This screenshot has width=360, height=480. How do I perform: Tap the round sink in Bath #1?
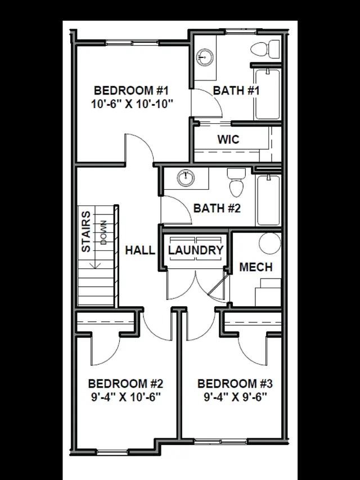tap(205, 57)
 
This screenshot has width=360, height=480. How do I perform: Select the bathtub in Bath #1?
tap(267, 94)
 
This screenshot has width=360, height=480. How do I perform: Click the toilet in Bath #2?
tap(236, 183)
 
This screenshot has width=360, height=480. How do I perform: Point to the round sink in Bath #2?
tap(186, 178)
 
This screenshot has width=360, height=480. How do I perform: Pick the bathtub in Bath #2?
tap(268, 200)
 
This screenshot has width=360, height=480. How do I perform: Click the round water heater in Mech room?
tap(269, 243)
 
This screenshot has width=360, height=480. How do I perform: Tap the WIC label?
tap(228, 140)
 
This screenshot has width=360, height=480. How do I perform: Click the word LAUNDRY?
tap(196, 250)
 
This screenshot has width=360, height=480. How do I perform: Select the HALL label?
tap(140, 250)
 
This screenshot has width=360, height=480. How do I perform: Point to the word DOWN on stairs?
tap(103, 232)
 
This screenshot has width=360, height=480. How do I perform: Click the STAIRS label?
tap(86, 232)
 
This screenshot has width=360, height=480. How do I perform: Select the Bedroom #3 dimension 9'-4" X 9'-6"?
tap(236, 397)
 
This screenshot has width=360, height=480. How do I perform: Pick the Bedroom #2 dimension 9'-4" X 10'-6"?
tap(126, 397)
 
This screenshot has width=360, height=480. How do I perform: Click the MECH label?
tap(256, 267)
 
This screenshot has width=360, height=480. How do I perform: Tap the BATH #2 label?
tap(217, 208)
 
